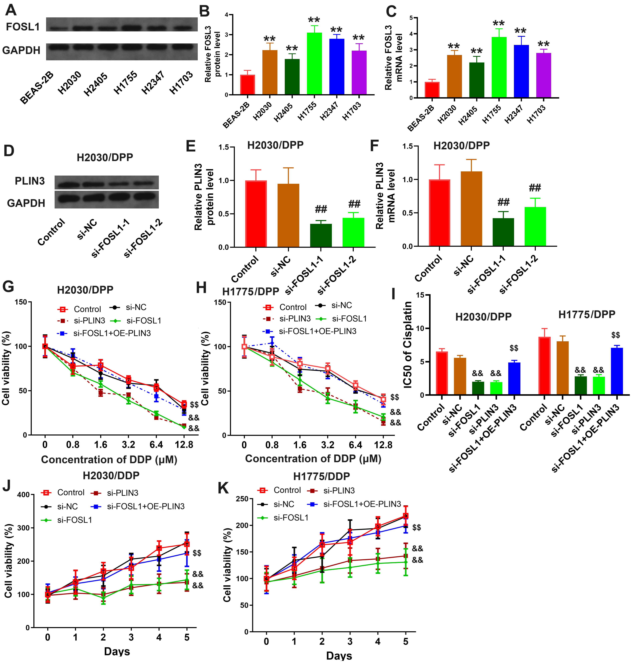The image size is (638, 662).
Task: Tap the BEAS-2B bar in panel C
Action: click(x=432, y=90)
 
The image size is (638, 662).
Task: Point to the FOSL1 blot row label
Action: click(x=23, y=27)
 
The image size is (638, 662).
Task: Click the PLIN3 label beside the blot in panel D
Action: click(x=30, y=181)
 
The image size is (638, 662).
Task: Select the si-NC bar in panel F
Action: click(x=471, y=209)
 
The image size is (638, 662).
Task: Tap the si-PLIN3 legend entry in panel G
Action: click(x=89, y=321)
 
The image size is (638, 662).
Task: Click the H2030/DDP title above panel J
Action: click(x=111, y=476)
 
